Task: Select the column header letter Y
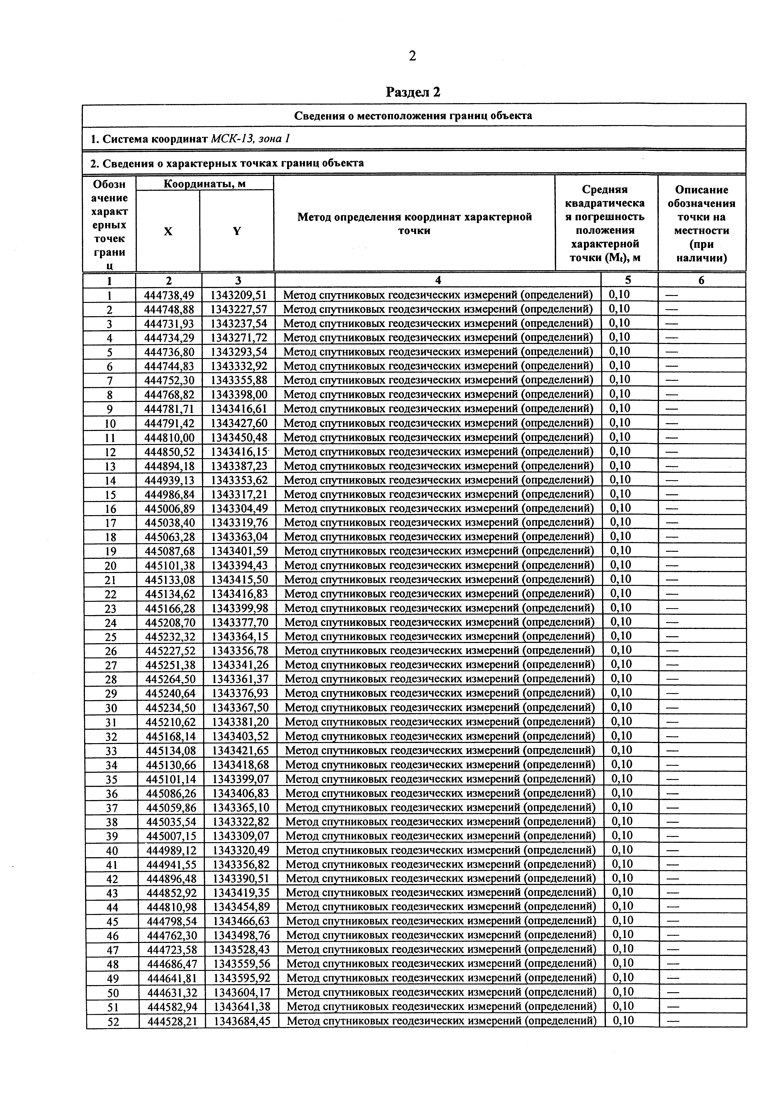click(x=237, y=232)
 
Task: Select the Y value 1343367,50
click(x=240, y=708)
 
